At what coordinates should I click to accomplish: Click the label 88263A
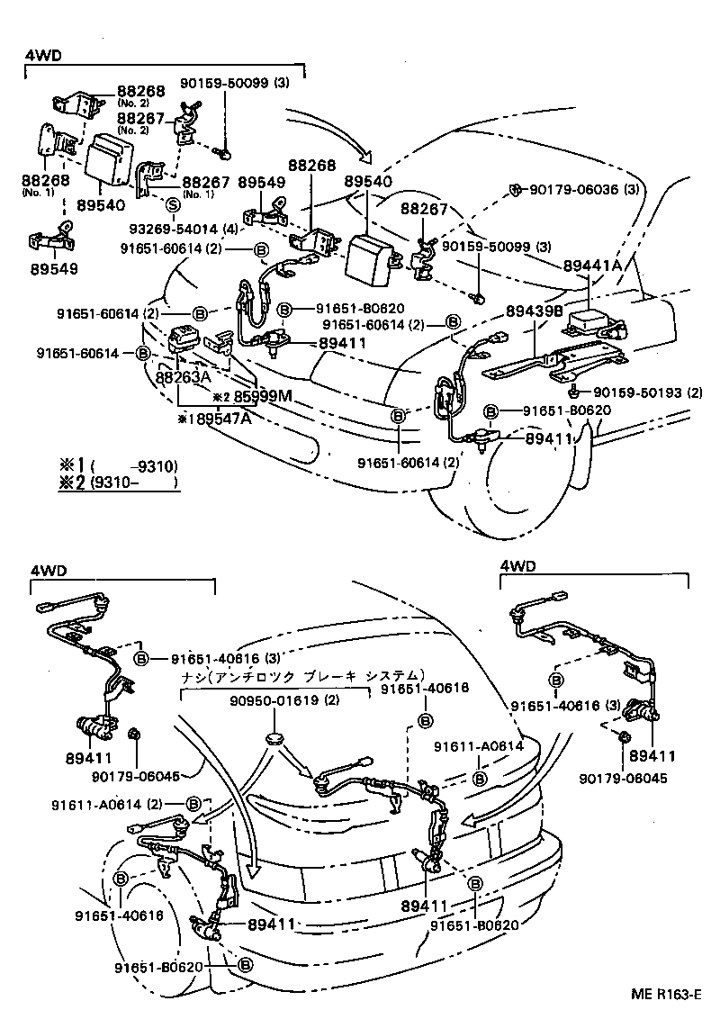183,379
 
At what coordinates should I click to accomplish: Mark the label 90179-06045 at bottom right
624,778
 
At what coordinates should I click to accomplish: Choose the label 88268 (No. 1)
43,184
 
